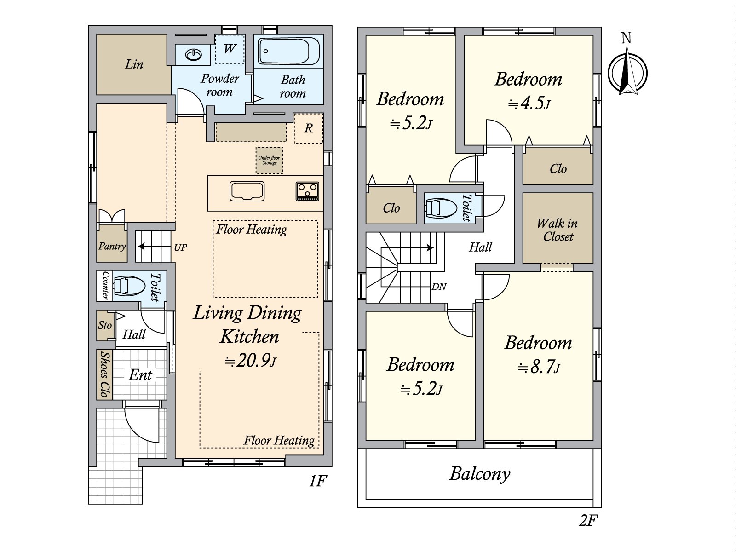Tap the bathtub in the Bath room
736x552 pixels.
coord(288,51)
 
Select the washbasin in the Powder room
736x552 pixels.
coord(194,54)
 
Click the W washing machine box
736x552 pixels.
coord(230,49)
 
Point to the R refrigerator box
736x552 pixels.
coord(309,128)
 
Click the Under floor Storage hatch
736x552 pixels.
coord(270,160)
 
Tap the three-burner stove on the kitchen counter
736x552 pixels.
coord(307,191)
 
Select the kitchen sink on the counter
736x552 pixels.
coord(247,191)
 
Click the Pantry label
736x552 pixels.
coord(112,247)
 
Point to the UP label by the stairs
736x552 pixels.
coord(180,247)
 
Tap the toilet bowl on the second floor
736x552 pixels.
coord(436,208)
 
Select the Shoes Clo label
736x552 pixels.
coord(105,374)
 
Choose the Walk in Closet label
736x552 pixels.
coord(558,230)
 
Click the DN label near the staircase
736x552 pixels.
coord(439,287)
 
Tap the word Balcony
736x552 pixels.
coord(479,475)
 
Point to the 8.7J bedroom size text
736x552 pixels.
coord(539,368)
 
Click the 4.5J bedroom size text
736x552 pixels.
coord(529,104)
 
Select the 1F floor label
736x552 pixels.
coord(317,482)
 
